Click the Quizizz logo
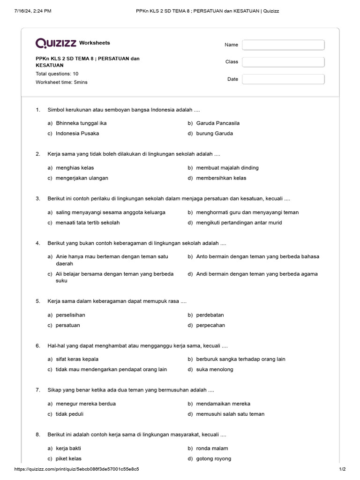56,43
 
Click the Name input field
283,45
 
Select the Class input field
283,62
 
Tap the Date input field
283,79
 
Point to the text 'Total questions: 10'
57,74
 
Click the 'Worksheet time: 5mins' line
61,82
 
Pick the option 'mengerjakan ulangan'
82,178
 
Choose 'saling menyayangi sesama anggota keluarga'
110,212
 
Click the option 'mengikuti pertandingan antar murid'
239,223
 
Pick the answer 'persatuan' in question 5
68,325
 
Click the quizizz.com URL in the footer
76,469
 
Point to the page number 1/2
342,469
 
